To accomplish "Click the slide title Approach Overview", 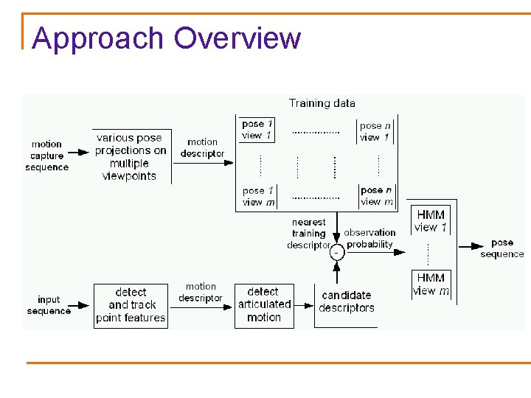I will (167, 38).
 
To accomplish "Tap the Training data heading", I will (322, 103).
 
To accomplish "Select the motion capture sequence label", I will (46, 156).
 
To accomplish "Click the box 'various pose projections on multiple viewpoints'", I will (131, 156).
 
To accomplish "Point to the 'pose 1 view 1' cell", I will (257, 130).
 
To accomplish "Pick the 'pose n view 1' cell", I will (375, 131).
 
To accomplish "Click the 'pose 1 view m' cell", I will (258, 196).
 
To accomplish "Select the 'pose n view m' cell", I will (376, 196).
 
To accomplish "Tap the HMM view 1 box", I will (431, 220).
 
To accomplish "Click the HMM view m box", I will (431, 284).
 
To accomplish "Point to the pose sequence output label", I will (502, 248).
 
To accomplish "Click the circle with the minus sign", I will (337, 252).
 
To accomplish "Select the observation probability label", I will (369, 238).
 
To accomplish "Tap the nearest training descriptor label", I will (308, 234).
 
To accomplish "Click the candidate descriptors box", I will (347, 302).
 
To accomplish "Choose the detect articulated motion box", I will (263, 304).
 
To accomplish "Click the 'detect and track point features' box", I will (131, 305).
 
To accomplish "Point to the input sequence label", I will (49, 305).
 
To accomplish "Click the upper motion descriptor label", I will (202, 147).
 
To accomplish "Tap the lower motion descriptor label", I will (201, 292).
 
